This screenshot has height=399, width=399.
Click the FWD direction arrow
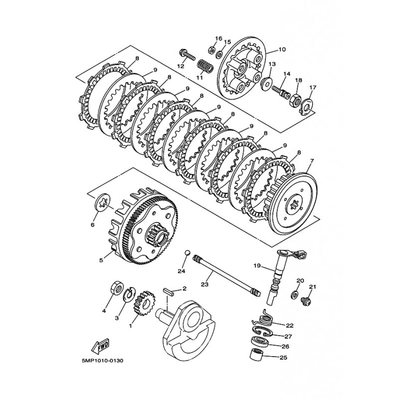(x=100, y=346)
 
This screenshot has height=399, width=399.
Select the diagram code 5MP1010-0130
(x=103, y=361)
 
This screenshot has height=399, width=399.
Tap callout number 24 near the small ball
(x=181, y=271)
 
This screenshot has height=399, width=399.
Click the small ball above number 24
(x=188, y=253)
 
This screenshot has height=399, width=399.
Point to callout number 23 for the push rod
(x=205, y=284)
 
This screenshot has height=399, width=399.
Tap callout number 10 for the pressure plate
(x=282, y=49)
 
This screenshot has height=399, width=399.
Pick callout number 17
(x=313, y=88)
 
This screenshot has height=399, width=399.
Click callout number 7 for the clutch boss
(x=312, y=161)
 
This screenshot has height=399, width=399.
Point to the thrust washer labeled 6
(x=103, y=202)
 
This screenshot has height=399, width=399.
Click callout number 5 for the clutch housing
(x=101, y=260)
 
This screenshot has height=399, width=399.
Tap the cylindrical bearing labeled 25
(x=256, y=354)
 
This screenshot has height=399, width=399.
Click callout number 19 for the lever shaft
(x=257, y=266)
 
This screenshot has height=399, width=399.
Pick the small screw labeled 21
(x=306, y=301)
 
